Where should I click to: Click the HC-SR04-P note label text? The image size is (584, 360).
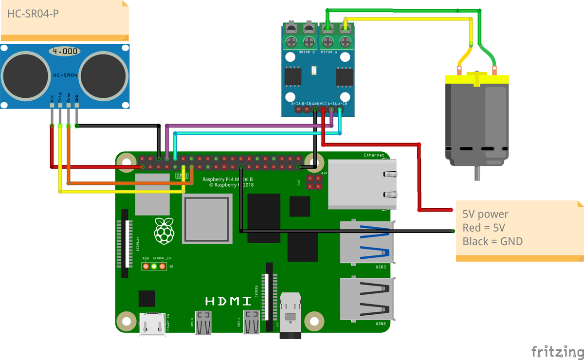[33, 14]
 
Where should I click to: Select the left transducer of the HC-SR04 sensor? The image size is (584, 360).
[24, 75]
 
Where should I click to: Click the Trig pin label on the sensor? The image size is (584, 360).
[60, 97]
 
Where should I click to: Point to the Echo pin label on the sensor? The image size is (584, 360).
[69, 97]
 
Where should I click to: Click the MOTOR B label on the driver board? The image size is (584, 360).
[307, 52]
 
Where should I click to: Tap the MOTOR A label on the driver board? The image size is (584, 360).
[329, 52]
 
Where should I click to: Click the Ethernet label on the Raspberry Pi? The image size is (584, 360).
[374, 156]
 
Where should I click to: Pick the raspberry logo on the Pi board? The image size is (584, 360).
[164, 231]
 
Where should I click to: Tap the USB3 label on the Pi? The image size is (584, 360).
[381, 267]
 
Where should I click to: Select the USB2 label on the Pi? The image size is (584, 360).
[381, 324]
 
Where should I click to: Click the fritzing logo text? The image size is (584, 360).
[557, 351]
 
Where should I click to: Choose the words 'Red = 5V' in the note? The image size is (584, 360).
[484, 227]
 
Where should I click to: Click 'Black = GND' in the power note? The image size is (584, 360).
[493, 241]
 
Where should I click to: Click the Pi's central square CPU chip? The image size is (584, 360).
[206, 219]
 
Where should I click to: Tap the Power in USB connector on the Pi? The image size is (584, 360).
[151, 324]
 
